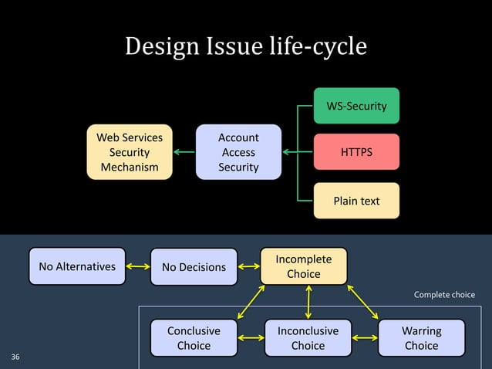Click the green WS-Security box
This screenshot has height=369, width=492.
coord(356,106)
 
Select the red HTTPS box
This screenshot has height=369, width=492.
coord(356,152)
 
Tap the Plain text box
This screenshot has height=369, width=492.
coord(356,201)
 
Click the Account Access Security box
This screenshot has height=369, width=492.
coord(238,152)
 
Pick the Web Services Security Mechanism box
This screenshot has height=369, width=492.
coord(130,152)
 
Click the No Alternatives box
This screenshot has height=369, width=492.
coord(77,266)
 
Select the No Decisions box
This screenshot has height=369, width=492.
coord(194,267)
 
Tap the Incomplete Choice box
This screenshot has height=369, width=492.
coord(303,266)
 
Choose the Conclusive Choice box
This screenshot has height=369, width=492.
coord(194,337)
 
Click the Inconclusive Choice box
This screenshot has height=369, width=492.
coord(308,337)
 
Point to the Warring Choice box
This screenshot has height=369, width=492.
coord(421,337)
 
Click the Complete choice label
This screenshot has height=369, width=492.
coord(444,295)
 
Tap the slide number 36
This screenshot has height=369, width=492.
coord(16,357)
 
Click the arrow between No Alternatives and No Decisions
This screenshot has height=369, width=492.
coord(137,267)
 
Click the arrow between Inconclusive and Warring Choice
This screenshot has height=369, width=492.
coord(364,338)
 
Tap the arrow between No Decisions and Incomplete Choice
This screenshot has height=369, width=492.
coord(249,267)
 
